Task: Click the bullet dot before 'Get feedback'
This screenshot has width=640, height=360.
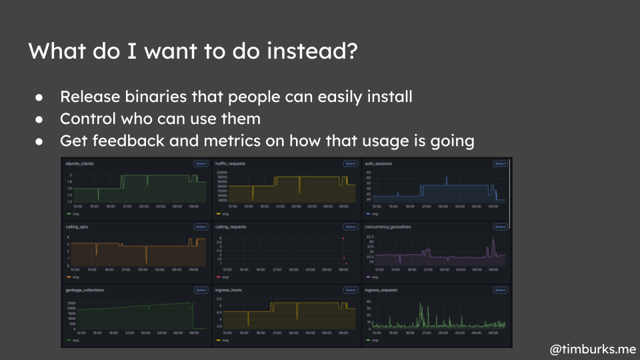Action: [40, 142]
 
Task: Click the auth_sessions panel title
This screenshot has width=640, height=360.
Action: [378, 163]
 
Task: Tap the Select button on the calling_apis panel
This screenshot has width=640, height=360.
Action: [201, 227]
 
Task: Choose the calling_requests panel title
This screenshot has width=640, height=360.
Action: [231, 227]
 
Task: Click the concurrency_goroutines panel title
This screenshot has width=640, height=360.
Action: [388, 227]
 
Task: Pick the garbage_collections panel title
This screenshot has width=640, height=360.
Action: [85, 290]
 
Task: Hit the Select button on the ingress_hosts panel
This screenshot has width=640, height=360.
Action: [351, 290]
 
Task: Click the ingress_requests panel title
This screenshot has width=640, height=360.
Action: [381, 290]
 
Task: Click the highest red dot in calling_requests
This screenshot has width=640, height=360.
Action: [343, 238]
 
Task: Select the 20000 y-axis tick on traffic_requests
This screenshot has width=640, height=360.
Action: [223, 172]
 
